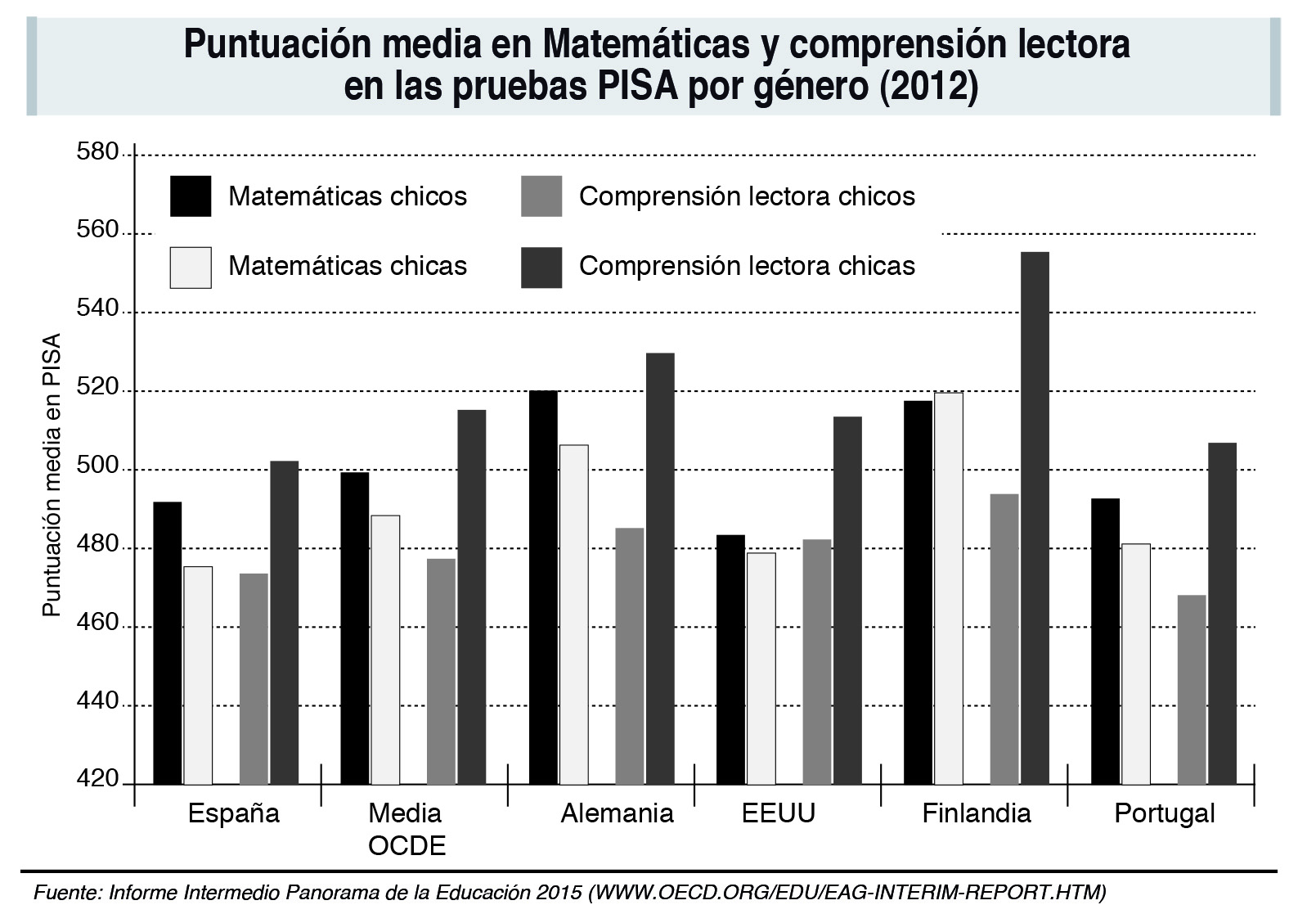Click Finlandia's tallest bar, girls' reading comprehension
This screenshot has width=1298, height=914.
click(x=1035, y=518)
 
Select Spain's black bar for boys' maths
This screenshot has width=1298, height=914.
click(x=168, y=643)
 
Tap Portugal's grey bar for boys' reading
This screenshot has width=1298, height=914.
click(x=1192, y=690)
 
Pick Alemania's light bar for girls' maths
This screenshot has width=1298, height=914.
click(x=574, y=615)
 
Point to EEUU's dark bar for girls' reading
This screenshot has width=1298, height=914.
click(x=847, y=601)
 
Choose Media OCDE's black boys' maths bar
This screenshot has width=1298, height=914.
click(x=355, y=628)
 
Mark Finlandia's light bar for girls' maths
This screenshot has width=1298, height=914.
click(x=949, y=588)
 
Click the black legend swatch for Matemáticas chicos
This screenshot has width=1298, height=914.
click(x=191, y=196)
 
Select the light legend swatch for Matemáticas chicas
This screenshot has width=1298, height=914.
click(x=191, y=267)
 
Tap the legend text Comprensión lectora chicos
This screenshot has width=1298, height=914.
click(x=747, y=196)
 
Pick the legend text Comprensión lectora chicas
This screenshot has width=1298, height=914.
click(x=747, y=266)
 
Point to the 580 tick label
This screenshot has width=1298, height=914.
click(x=97, y=152)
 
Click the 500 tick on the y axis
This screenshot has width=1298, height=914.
click(x=97, y=469)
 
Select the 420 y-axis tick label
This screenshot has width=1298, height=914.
click(x=97, y=778)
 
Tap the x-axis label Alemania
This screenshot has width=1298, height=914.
click(x=617, y=813)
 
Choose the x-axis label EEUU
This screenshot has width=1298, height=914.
click(x=779, y=813)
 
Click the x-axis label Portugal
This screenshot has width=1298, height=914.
click(x=1165, y=813)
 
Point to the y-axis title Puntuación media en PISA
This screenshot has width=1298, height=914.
click(x=52, y=475)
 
